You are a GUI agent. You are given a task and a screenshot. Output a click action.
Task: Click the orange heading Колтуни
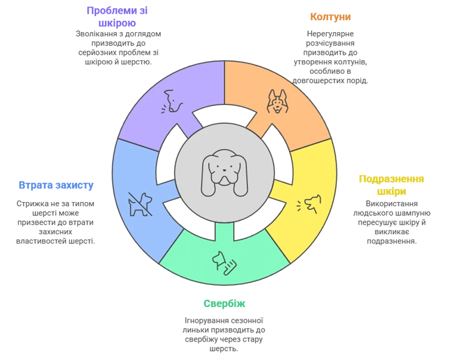[x=330, y=17]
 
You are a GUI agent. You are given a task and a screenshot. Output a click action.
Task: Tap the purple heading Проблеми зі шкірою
[x=117, y=17]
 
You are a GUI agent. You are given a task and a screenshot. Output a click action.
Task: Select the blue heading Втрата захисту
[x=56, y=185]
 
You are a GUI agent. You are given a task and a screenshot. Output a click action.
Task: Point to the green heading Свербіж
[x=224, y=303]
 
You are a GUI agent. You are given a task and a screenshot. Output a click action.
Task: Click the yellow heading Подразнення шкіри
[x=391, y=185]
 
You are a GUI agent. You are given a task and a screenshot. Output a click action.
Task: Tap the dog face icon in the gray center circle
[x=224, y=173]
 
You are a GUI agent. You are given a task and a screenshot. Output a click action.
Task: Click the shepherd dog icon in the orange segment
[x=277, y=101]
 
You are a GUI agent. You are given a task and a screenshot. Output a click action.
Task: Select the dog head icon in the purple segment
[x=172, y=101]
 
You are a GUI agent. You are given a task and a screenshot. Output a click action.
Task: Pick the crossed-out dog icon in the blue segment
[x=140, y=204]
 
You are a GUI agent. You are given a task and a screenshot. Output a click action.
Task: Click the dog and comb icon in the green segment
[x=224, y=263]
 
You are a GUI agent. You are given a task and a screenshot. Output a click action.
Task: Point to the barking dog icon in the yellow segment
[x=308, y=204]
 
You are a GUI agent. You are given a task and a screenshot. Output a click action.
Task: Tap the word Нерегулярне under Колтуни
[x=330, y=34]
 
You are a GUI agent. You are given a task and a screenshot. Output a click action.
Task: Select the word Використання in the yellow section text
[x=391, y=204]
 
